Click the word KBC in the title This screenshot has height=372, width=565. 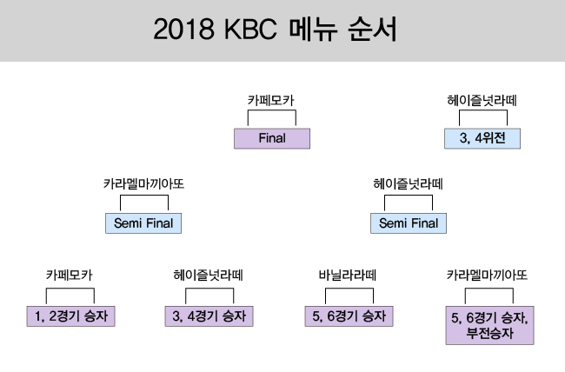tap(250, 30)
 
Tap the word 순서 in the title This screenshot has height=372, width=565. tap(373, 30)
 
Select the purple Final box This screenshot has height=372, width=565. tap(272, 138)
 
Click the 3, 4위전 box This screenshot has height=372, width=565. tap(482, 138)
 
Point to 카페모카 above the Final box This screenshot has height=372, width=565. tap(271, 100)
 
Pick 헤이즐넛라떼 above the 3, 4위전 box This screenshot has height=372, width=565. tap(482, 100)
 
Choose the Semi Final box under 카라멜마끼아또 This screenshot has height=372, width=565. tap(143, 223)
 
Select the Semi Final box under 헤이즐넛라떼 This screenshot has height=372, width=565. tap(409, 223)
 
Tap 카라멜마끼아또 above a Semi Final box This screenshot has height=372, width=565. tap(143, 184)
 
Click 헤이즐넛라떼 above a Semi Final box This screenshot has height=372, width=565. tap(409, 184)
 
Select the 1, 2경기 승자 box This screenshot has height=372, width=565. tap(71, 316)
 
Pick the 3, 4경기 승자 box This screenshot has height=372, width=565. tap(209, 316)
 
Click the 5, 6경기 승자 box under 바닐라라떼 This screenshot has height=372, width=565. tap(349, 316)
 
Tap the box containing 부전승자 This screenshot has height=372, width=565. tap(489, 325)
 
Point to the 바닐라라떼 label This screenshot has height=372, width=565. tap(348, 276)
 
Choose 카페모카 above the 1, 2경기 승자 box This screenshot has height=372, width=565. tap(70, 276)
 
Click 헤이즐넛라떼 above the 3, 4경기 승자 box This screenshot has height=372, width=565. tap(209, 276)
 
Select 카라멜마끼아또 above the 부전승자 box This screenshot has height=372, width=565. tap(487, 276)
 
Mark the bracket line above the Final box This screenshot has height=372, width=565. tap(272, 110)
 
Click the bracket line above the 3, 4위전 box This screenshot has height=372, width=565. tap(483, 110)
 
